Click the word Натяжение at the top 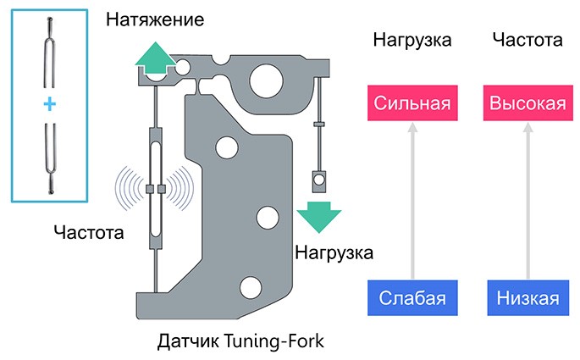[x=154, y=19]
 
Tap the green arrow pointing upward [x=153, y=58]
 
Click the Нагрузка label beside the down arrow [x=334, y=252]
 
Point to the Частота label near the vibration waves [x=87, y=231]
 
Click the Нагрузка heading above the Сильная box [x=412, y=39]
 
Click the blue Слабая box [x=412, y=298]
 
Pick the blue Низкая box [x=528, y=298]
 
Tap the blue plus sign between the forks [x=49, y=104]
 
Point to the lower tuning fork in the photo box [x=49, y=157]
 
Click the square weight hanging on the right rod [x=319, y=180]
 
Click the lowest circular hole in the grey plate [x=250, y=285]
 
